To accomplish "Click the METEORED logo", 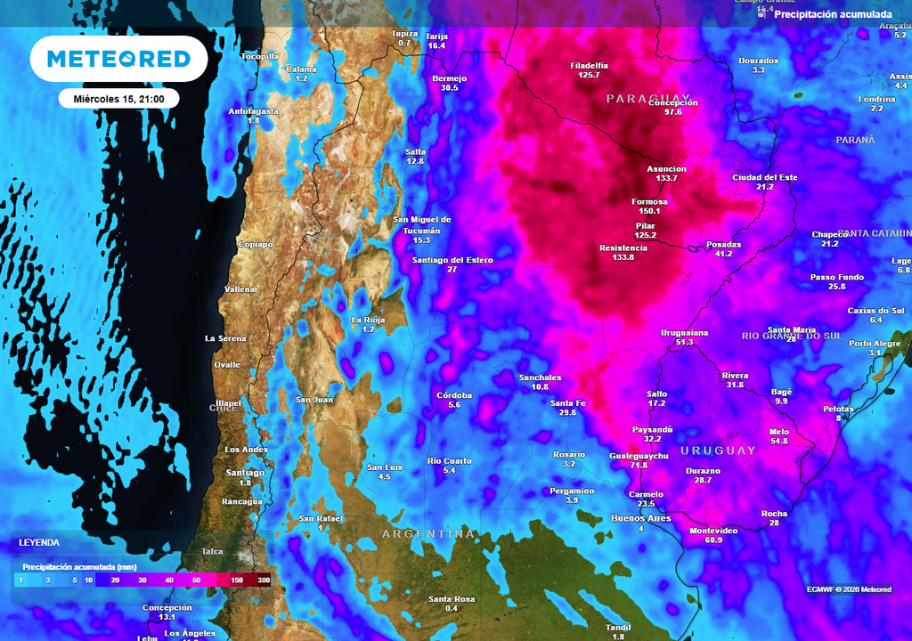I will point(118,59).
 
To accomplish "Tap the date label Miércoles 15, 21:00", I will point(118,98).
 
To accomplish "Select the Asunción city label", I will point(666,168).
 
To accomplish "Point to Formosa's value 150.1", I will point(649,211).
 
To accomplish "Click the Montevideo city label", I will point(713,531).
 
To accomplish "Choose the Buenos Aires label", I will point(640,518).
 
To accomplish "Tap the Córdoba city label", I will point(454,395).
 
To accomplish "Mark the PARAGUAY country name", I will point(648,98).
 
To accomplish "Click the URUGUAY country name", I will point(718,450).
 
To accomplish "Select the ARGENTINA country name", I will point(428,534).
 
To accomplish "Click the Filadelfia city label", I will point(589,65).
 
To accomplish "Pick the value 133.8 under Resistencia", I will point(623,257).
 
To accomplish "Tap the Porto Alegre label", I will point(875,344).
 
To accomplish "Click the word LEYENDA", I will point(39,541).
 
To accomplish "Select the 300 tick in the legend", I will point(264,580).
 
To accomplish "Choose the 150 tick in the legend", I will point(238,580).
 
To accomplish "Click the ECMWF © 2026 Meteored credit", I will point(850,588).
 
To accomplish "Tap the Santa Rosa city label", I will point(451,598).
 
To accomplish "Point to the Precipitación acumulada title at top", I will point(833,14).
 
